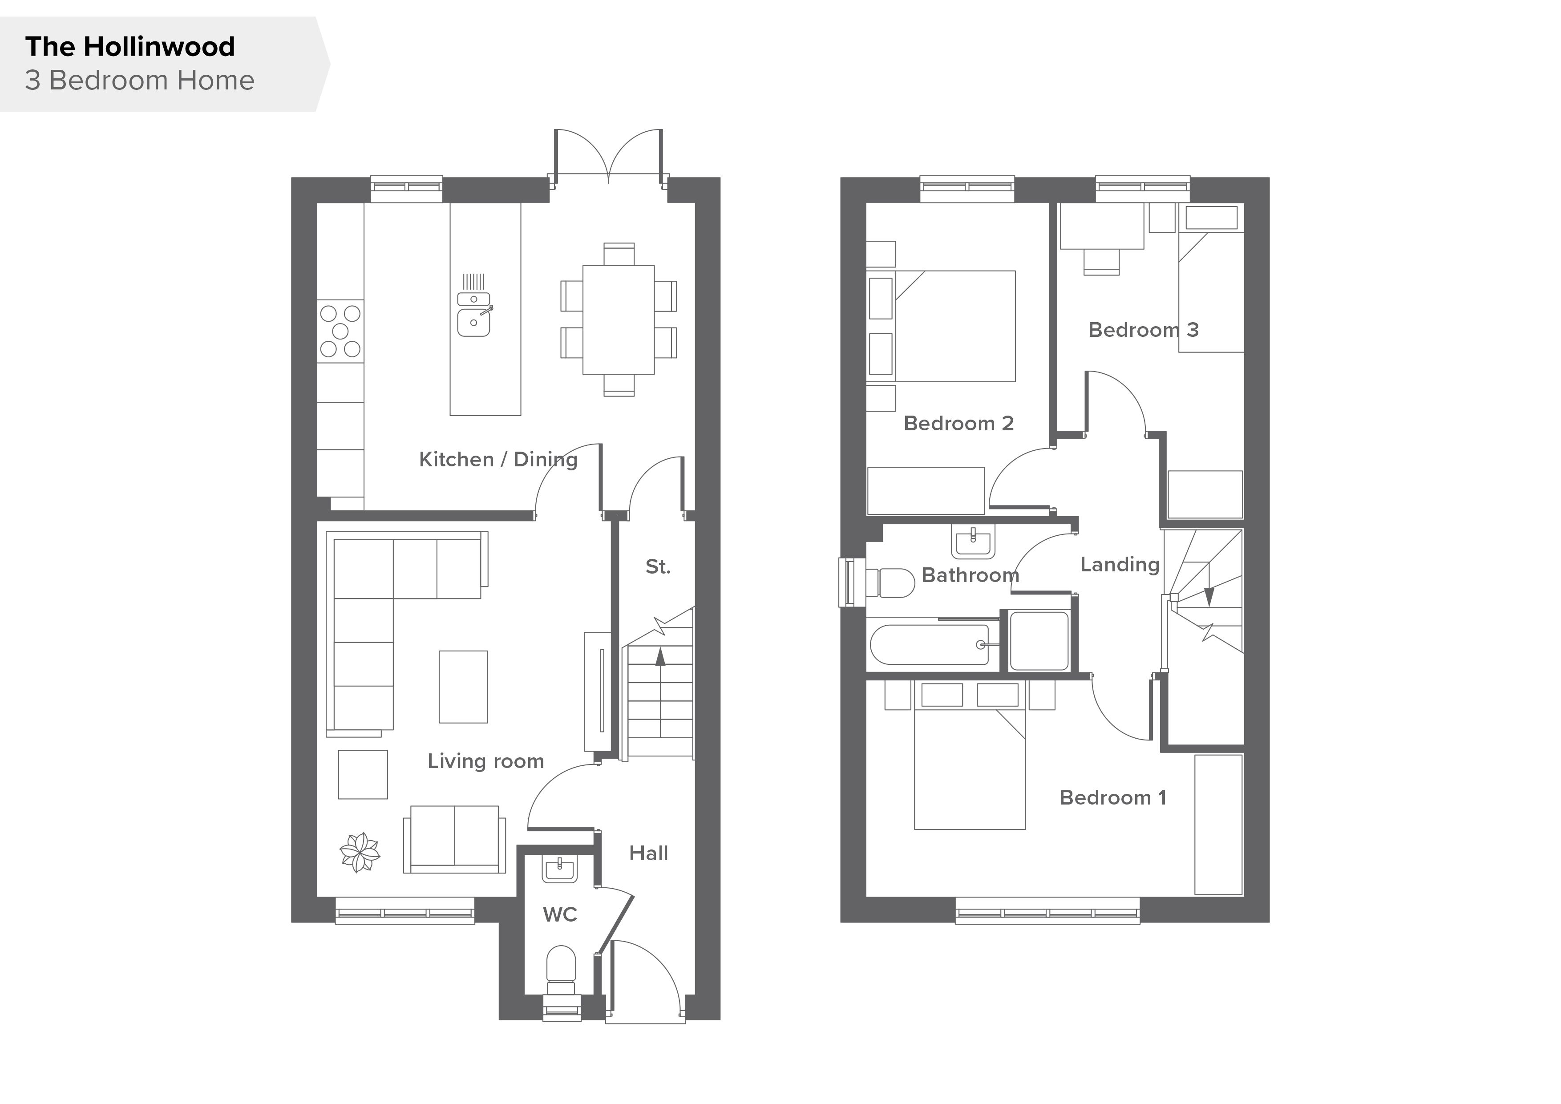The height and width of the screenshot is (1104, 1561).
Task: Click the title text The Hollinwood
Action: click(130, 47)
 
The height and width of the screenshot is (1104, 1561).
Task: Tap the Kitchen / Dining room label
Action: click(498, 460)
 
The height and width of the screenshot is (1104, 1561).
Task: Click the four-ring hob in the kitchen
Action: click(340, 331)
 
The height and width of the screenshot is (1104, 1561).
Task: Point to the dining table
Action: click(619, 319)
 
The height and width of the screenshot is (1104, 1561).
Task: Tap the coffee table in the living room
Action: click(463, 687)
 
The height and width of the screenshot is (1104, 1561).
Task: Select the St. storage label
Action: click(657, 566)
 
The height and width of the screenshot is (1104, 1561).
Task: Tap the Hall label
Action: click(649, 853)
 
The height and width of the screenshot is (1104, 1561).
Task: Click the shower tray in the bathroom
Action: click(1039, 641)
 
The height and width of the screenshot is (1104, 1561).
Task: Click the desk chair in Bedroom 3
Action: click(1101, 262)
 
